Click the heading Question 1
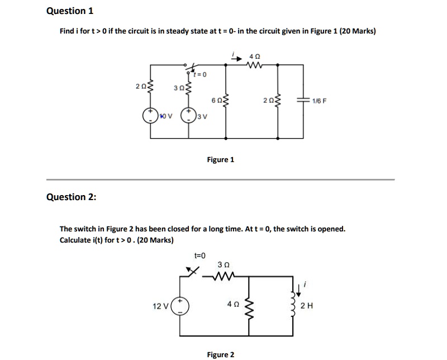(70, 11)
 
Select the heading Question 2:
(71, 196)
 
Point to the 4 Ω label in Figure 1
(256, 56)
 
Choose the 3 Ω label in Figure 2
(223, 264)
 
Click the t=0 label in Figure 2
(199, 255)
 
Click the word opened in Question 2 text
(330, 229)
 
